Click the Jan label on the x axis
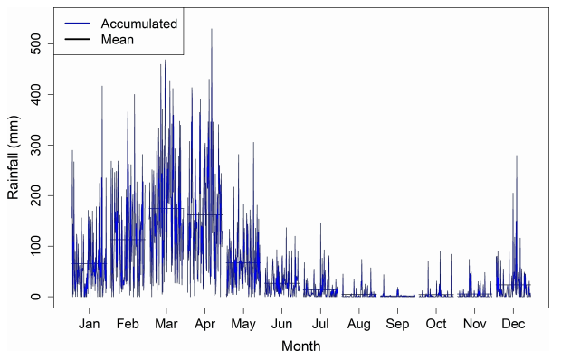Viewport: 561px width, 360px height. [90, 324]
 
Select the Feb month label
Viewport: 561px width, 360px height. [128, 324]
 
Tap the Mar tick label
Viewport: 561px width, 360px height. [166, 324]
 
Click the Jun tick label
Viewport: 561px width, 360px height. [282, 324]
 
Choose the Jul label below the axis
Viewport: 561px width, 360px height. [320, 324]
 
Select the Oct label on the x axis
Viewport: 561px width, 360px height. [436, 324]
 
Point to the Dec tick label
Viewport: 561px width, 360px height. [513, 324]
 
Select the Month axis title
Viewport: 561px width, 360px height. [300, 346]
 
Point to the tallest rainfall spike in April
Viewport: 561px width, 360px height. [212, 30]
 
